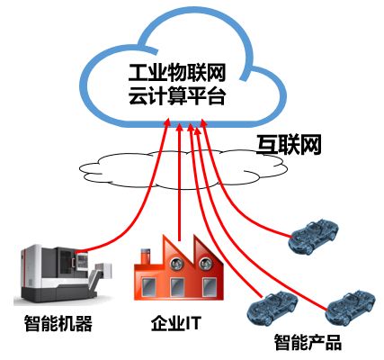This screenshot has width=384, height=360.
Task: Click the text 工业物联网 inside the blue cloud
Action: pos(177,73)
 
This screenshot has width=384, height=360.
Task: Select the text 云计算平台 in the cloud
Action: pos(177,95)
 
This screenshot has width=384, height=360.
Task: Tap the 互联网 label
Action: pos(289,145)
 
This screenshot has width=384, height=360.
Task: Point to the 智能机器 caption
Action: pos(58,323)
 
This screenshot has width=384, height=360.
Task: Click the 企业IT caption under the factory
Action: pos(175,323)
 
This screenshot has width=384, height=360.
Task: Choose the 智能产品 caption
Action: pos(308,342)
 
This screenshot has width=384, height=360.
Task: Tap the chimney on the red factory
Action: pos(146,256)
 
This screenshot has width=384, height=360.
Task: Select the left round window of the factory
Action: pos(176,263)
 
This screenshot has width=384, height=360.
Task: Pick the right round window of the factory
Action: pos(206,263)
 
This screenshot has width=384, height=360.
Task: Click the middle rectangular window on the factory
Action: pos(177,287)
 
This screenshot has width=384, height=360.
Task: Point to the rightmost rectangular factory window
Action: pos(210,287)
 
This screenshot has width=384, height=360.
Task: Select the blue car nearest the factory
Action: pos(272,307)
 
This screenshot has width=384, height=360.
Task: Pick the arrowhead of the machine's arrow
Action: pos(167,122)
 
